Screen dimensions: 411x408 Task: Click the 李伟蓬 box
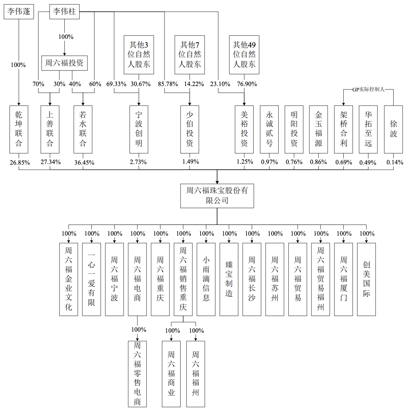tap(19, 12)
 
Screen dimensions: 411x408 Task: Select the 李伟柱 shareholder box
tap(64, 12)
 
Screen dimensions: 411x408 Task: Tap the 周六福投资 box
tap(64, 63)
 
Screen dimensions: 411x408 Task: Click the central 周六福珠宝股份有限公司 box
tap(217, 196)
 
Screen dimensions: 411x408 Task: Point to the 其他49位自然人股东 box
tap(244, 55)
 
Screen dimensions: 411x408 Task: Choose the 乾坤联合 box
tap(19, 130)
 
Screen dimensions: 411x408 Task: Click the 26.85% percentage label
tap(20, 163)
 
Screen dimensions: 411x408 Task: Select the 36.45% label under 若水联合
tap(84, 163)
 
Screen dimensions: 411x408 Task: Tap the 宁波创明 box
tap(139, 130)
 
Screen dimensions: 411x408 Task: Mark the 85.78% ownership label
tap(168, 84)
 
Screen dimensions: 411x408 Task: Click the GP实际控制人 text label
tap(368, 89)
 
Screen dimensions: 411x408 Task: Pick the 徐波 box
tap(393, 130)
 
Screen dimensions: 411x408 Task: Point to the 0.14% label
tap(395, 162)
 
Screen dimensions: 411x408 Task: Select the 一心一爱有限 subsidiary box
tap(91, 279)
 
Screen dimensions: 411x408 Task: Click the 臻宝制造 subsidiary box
tap(229, 279)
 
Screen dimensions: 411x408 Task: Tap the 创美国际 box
tap(366, 279)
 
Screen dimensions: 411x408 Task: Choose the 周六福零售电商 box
tap(137, 374)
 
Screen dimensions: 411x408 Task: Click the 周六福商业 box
tap(171, 374)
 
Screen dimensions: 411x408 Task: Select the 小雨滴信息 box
tap(206, 279)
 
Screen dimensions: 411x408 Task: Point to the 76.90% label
tap(247, 84)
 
